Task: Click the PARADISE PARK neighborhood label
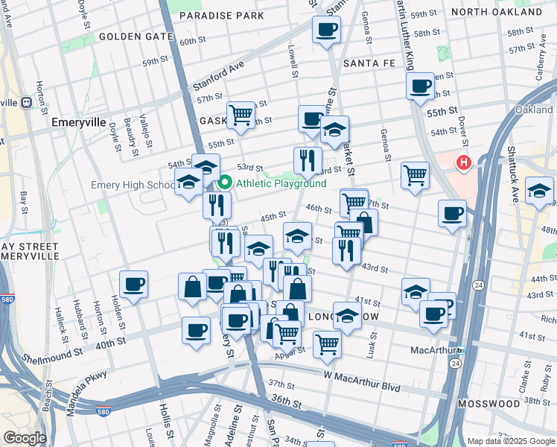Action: click(221, 15)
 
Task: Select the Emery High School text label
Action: click(133, 185)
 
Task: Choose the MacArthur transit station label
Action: click(433, 349)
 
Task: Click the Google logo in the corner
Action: click(25, 438)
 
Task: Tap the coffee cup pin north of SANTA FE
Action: click(325, 31)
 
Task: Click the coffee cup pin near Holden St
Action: click(133, 285)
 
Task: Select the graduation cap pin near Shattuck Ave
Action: click(538, 191)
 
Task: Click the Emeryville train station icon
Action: click(27, 102)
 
